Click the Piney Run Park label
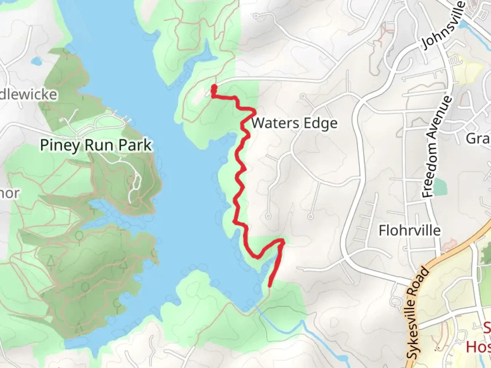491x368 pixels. (x=96, y=145)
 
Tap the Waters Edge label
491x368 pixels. (x=294, y=123)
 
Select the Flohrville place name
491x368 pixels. (x=410, y=231)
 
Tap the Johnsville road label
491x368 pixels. (x=443, y=26)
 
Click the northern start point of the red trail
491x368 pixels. (x=214, y=87)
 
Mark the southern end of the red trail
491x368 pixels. (x=270, y=286)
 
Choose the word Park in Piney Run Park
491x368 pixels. (x=135, y=145)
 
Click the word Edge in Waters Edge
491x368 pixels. (x=321, y=123)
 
